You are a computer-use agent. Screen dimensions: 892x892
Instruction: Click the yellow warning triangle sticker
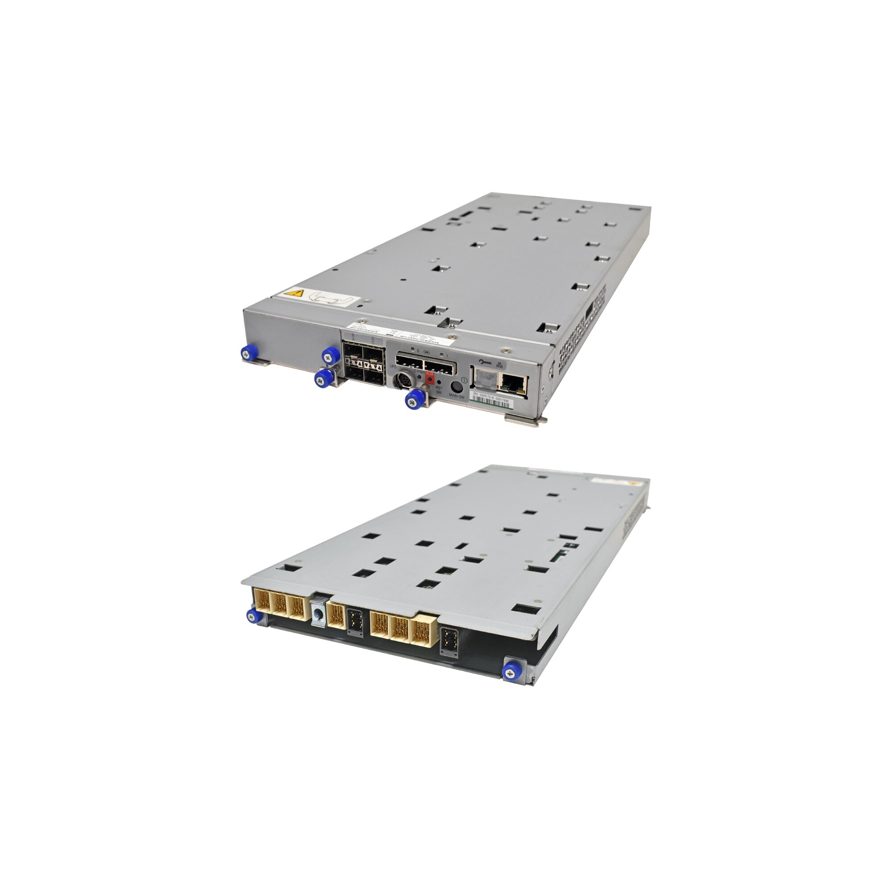[x=294, y=293]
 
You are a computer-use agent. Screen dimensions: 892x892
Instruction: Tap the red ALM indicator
[x=429, y=378]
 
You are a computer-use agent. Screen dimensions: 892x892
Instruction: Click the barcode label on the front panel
[x=491, y=402]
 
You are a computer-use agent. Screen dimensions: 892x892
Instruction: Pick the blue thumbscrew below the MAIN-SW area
[x=414, y=398]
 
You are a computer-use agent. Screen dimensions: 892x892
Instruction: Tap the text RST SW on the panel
[x=438, y=390]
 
